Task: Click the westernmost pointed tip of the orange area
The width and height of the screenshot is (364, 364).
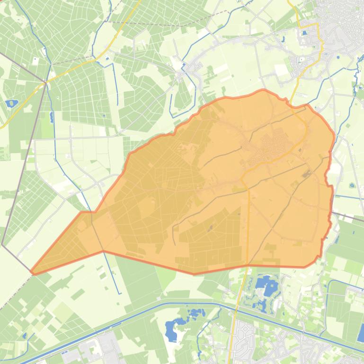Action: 32,272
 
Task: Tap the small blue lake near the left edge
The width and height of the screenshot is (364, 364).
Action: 10,103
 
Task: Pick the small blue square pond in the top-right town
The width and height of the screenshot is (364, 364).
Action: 304,34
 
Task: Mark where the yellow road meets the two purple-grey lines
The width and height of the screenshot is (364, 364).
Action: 46,83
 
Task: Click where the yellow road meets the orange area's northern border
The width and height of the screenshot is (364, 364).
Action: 290,101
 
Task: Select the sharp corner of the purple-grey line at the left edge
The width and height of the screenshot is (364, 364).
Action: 2,244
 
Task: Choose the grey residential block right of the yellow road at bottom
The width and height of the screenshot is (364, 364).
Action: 246,333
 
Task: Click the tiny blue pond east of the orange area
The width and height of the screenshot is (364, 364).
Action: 352,185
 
